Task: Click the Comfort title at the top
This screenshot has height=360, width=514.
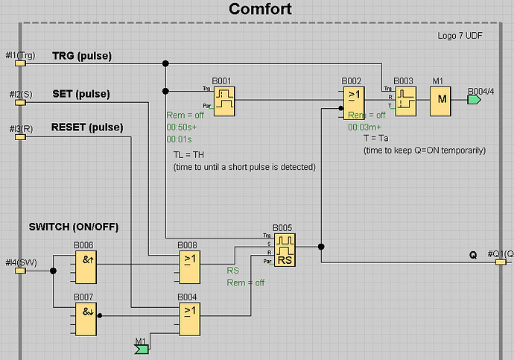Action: coord(260,9)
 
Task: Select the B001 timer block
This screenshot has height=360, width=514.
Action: coord(223,98)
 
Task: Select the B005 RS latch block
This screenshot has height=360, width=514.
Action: coord(284,250)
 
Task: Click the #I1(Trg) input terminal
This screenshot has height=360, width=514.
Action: coord(20,63)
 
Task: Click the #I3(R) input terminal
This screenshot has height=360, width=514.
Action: coord(20,136)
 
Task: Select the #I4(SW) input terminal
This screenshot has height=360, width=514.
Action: coord(20,270)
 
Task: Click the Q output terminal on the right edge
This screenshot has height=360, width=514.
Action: coord(499,262)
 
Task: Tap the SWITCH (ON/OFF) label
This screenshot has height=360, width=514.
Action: coord(73,226)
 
